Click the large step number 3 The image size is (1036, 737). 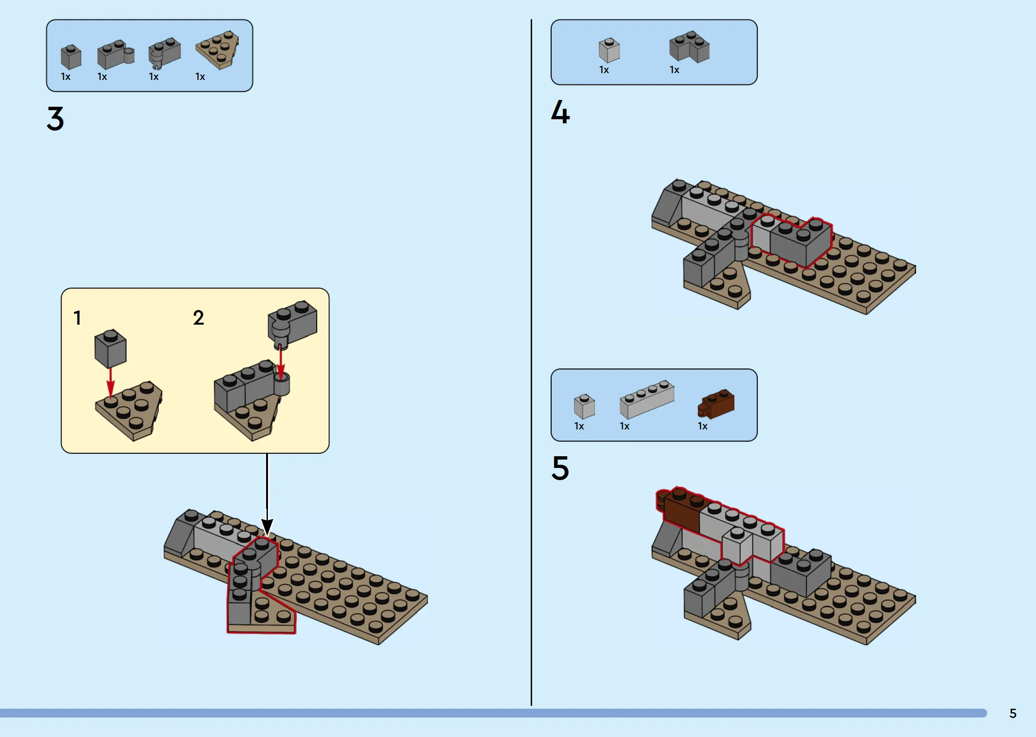[56, 118]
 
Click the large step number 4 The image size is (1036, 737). [560, 112]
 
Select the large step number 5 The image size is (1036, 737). [560, 468]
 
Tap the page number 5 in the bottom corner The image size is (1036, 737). [1013, 714]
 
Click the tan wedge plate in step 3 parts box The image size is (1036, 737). [218, 49]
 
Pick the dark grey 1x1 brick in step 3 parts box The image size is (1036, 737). [71, 57]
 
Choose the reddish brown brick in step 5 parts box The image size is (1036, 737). [716, 404]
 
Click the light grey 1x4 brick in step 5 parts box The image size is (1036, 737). [647, 399]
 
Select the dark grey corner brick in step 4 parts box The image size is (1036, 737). [690, 47]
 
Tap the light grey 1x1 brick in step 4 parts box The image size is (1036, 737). [609, 50]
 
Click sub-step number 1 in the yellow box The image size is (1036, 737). [77, 318]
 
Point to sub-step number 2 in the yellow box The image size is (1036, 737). [198, 318]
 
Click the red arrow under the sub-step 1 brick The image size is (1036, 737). [111, 383]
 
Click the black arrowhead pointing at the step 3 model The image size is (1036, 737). [267, 527]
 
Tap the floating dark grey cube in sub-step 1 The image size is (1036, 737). [111, 348]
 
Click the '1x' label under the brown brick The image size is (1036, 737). [703, 426]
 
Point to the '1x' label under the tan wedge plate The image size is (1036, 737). [200, 77]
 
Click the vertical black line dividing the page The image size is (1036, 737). [531, 362]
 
